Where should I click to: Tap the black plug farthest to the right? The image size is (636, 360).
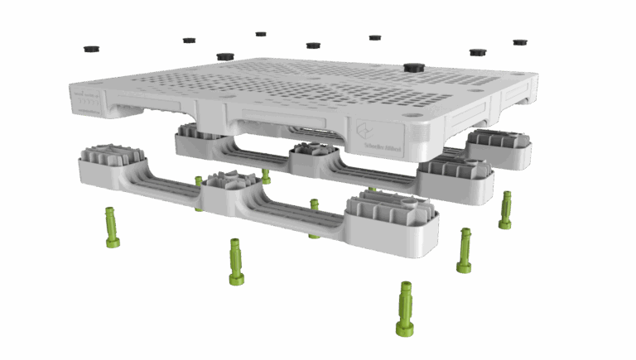[x=519, y=41]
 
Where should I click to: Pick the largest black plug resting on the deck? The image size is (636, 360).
[x=413, y=65]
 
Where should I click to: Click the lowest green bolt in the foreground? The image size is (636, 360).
[x=406, y=308]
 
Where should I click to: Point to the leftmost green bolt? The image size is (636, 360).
[x=112, y=227]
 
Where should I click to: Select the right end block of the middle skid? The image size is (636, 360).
[x=455, y=179]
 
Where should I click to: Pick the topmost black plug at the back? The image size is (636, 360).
[x=261, y=34]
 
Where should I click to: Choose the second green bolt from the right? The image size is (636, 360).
[x=465, y=250]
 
